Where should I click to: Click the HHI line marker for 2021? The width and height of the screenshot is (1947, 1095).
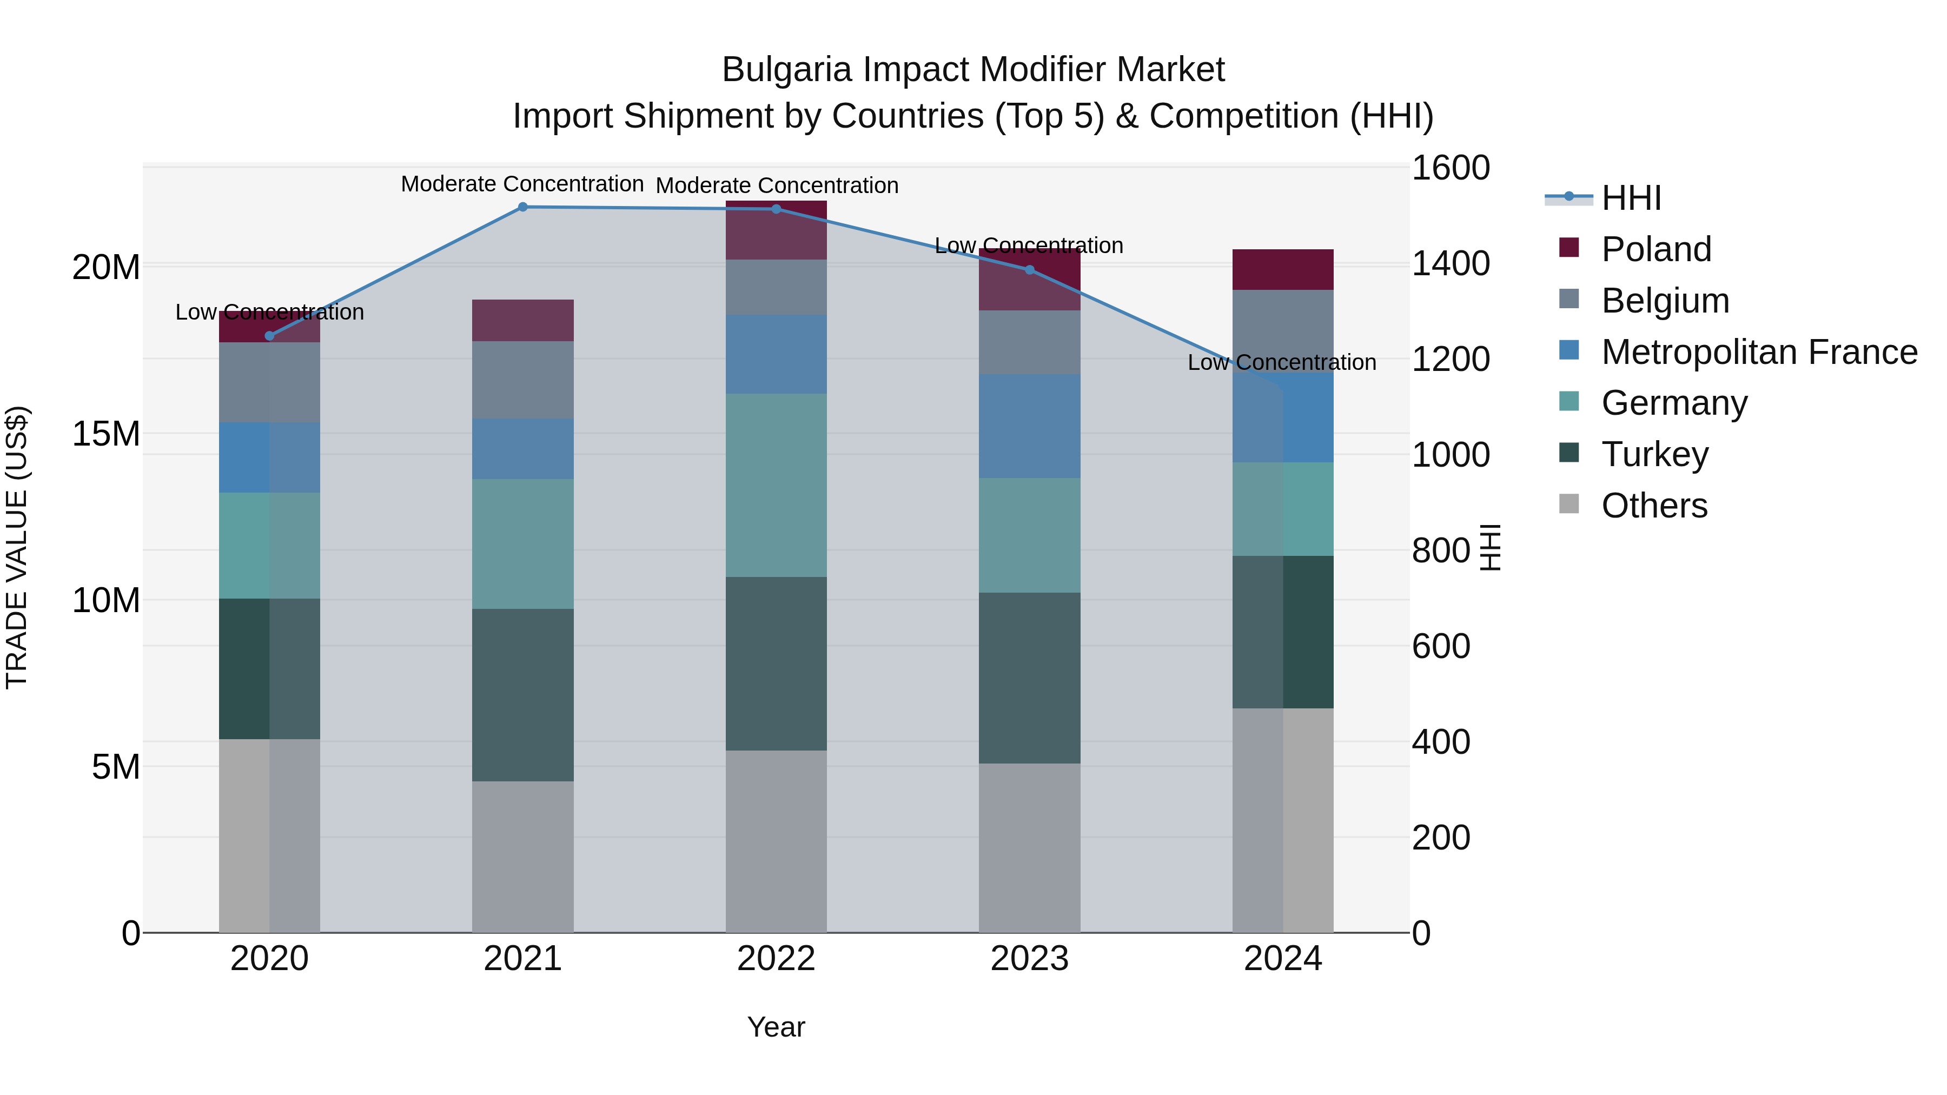click(x=522, y=207)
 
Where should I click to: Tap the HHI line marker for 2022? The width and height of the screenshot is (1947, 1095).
click(x=776, y=209)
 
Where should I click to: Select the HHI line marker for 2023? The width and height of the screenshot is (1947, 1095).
click(x=1029, y=270)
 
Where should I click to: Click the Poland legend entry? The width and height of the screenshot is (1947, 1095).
click(x=1656, y=249)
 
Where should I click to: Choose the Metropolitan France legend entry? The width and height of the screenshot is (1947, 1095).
click(x=1759, y=352)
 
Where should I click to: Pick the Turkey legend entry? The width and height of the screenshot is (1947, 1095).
click(x=1654, y=454)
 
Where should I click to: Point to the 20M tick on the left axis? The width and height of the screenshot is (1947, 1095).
click(x=106, y=267)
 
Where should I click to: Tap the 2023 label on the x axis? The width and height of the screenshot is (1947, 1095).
click(x=1029, y=959)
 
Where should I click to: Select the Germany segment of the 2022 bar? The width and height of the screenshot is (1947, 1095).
click(x=776, y=485)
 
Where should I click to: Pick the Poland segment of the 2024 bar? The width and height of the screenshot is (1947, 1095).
click(x=1283, y=269)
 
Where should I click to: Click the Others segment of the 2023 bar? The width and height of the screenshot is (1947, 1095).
click(x=1029, y=847)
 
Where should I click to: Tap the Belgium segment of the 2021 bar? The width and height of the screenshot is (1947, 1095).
click(x=522, y=380)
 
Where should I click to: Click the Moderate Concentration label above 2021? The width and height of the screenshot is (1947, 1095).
click(x=522, y=184)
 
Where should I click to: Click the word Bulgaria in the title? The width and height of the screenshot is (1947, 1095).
click(x=786, y=70)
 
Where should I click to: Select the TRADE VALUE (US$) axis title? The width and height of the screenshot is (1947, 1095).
click(x=17, y=547)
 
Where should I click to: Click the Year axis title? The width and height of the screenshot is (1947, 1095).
click(x=776, y=1027)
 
